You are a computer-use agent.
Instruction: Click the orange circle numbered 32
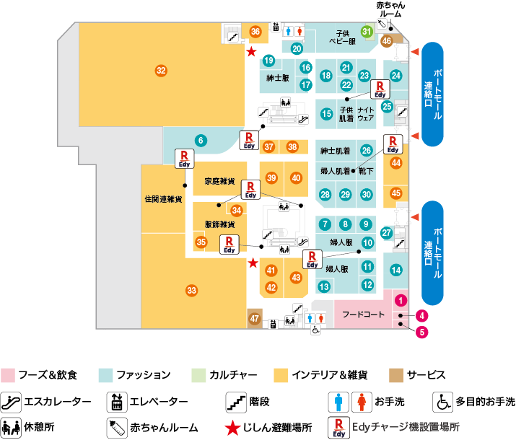click(x=161, y=71)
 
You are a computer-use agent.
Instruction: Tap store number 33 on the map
click(x=191, y=291)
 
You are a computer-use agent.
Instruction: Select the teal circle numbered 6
click(x=201, y=141)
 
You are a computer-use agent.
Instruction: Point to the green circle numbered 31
click(x=367, y=32)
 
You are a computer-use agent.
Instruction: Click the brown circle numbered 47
click(x=254, y=318)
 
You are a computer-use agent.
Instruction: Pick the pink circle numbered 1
click(x=401, y=300)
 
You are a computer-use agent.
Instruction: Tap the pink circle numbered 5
click(x=422, y=332)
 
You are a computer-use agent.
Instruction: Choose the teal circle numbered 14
click(x=396, y=270)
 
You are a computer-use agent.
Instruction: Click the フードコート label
click(x=363, y=314)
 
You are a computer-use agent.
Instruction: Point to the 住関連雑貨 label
click(x=163, y=199)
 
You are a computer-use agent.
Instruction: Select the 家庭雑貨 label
click(x=219, y=181)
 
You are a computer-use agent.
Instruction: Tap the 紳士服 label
click(x=277, y=78)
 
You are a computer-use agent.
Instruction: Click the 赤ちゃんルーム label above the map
click(x=390, y=9)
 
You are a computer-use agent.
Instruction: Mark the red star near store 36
click(x=251, y=52)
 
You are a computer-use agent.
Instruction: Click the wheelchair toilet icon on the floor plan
click(x=315, y=330)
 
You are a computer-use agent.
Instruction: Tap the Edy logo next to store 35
click(x=229, y=245)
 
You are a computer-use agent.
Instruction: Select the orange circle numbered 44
click(x=396, y=163)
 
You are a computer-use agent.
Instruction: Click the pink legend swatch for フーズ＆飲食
click(x=7, y=375)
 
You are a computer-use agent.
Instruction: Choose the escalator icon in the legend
click(x=11, y=402)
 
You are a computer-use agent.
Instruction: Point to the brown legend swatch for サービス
click(x=396, y=375)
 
